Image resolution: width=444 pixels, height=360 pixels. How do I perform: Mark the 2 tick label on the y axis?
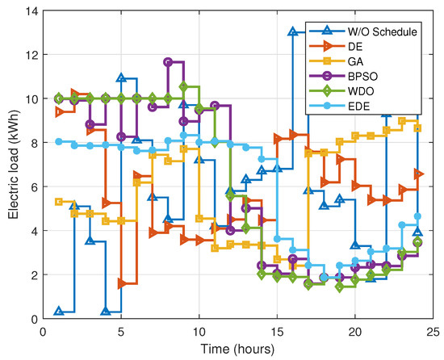coord(33,275)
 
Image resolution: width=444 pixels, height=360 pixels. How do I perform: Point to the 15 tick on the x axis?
coord(277,331)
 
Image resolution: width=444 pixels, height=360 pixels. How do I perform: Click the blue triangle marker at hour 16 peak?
coord(293,32)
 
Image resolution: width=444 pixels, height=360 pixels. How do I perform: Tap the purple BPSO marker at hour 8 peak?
coord(168,62)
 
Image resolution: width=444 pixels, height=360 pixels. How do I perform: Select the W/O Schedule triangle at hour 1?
coord(59,312)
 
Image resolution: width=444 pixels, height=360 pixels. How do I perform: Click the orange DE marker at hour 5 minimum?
coord(121,283)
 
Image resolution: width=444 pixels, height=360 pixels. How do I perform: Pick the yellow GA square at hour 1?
coord(59,202)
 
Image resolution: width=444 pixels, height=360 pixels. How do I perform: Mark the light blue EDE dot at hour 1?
coord(59,141)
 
